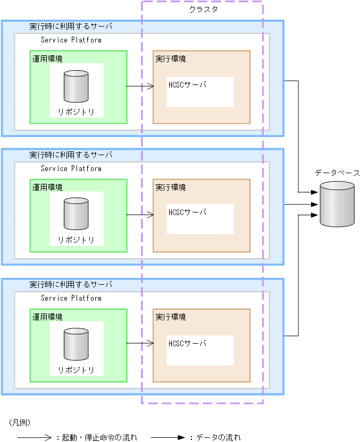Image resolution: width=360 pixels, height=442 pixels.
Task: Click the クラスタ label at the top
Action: click(204, 10)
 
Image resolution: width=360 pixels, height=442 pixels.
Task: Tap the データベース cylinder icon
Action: click(337, 204)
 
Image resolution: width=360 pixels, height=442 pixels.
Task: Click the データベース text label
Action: click(337, 173)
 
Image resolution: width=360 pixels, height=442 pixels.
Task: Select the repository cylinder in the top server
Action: click(76, 87)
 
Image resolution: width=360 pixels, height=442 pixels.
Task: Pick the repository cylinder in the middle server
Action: click(76, 215)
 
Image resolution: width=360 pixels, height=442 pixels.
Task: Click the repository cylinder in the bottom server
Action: click(76, 344)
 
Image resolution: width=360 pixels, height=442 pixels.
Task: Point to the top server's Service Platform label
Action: click(71, 40)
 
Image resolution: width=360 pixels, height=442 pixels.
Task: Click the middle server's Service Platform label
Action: click(71, 168)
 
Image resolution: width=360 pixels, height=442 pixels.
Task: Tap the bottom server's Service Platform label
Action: click(71, 298)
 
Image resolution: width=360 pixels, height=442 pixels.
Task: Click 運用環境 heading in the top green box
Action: click(47, 59)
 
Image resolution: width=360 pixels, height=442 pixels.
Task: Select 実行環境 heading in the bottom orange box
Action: click(171, 317)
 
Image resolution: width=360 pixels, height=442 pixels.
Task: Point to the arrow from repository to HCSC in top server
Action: click(140, 86)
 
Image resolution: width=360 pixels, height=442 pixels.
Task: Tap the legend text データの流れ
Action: click(219, 438)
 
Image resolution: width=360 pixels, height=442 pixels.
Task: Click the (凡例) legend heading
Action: click(20, 423)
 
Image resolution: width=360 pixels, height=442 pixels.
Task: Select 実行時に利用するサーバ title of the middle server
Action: click(71, 155)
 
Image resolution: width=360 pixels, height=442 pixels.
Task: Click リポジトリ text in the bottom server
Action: click(76, 370)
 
